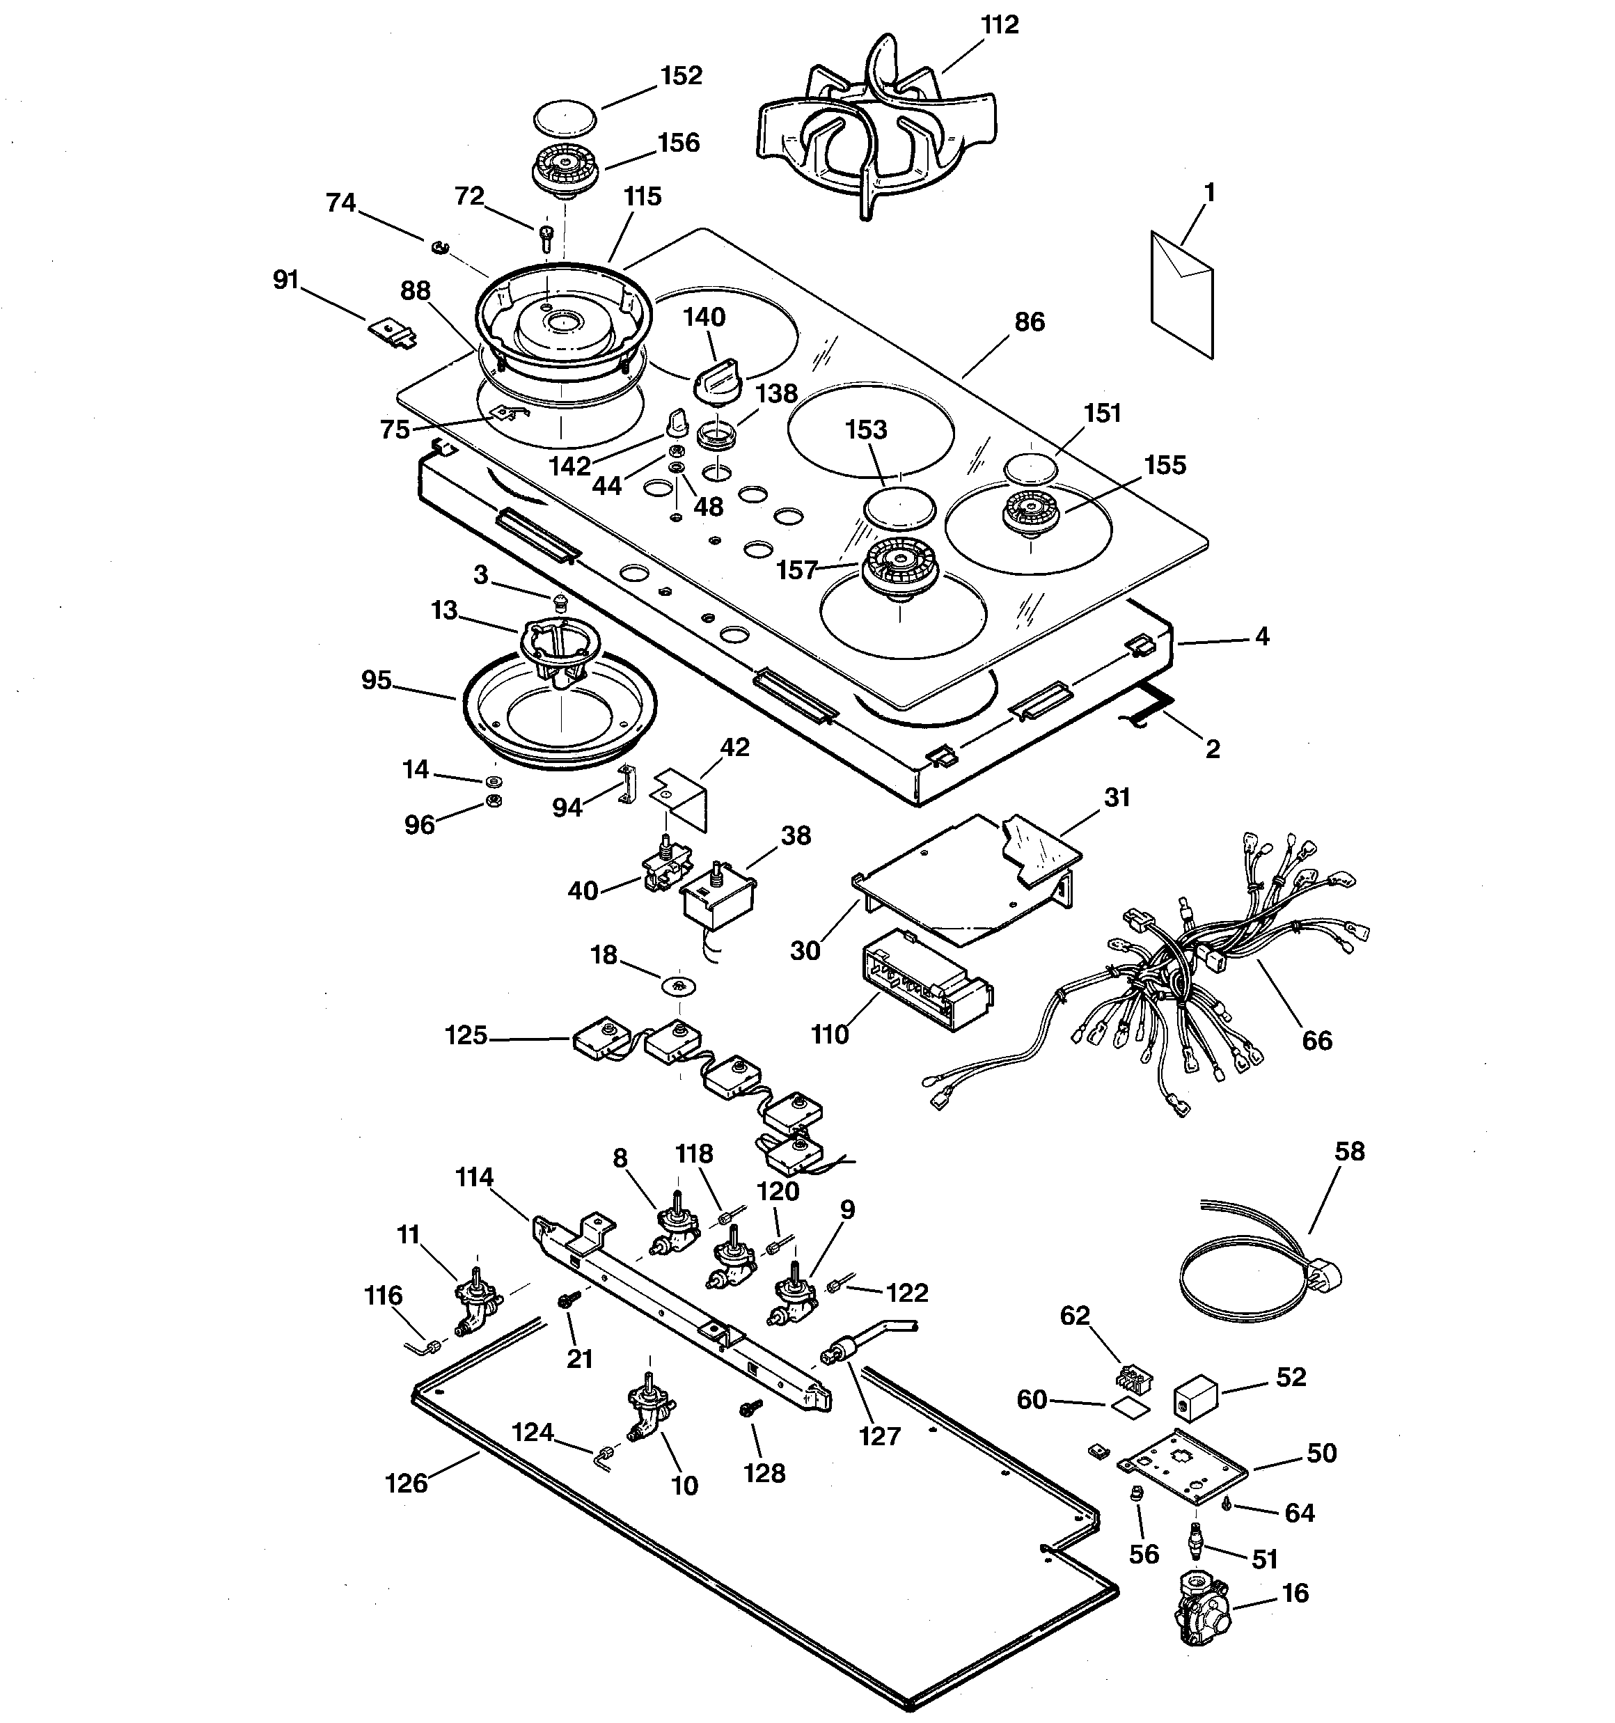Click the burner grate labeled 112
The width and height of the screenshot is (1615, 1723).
876,130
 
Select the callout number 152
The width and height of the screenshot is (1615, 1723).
681,77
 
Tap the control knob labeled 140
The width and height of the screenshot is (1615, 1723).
718,383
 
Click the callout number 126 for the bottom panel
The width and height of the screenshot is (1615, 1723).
407,1483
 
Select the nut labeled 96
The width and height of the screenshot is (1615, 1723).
492,801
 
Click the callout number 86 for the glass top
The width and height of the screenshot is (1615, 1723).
1029,322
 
